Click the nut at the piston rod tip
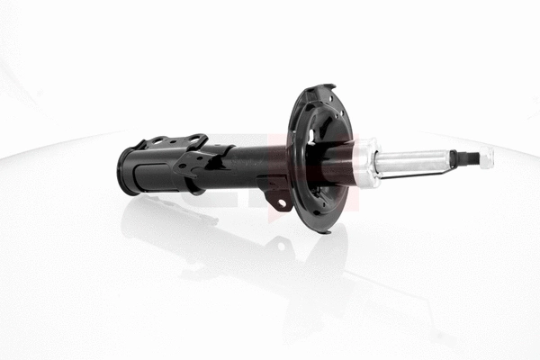pos(486,157)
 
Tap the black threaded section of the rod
pos(463,159)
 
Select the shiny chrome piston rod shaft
pos(414,162)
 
